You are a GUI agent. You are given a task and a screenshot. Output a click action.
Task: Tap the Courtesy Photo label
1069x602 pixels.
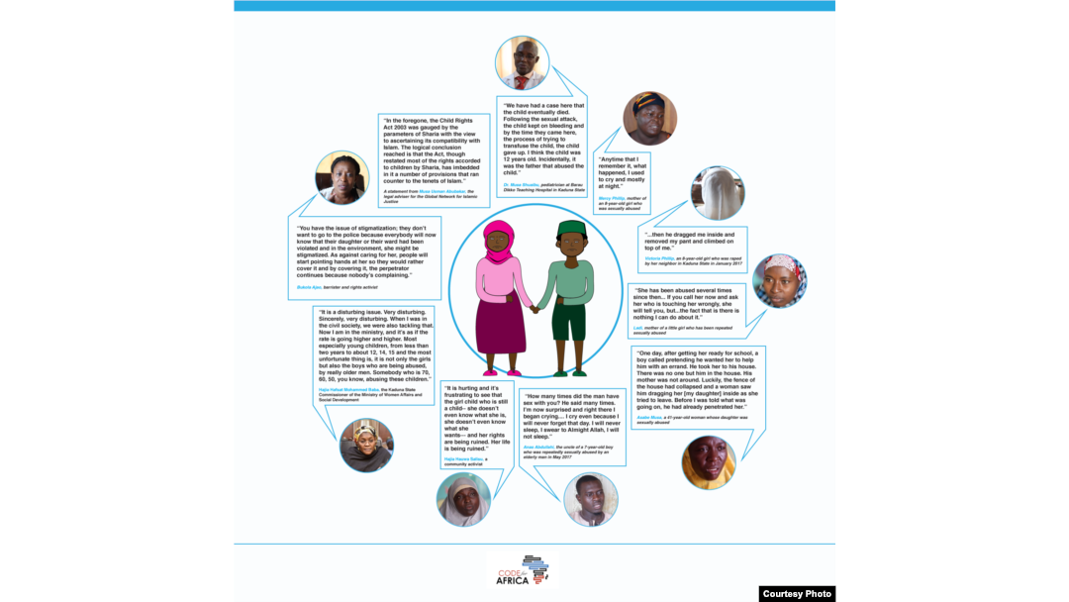click(797, 593)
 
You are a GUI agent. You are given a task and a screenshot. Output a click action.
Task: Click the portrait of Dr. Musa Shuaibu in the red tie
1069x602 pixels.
click(522, 63)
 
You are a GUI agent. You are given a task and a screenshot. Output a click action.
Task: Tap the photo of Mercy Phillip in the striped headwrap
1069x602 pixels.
click(649, 119)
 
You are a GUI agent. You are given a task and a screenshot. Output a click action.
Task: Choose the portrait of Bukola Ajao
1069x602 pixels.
click(341, 178)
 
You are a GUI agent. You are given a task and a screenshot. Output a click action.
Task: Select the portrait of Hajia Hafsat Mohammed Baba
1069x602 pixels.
click(366, 445)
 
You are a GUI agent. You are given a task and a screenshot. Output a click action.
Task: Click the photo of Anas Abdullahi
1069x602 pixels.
click(590, 499)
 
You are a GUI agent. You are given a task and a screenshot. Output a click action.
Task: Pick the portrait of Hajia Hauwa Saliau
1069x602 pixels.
click(463, 499)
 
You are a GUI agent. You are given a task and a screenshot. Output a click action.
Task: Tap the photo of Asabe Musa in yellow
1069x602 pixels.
click(709, 462)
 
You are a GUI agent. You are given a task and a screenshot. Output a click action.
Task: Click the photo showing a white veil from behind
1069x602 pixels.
click(718, 193)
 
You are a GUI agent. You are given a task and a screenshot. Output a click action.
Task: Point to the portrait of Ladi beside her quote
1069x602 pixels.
click(779, 281)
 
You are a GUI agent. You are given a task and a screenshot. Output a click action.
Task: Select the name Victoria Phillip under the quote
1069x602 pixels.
click(659, 258)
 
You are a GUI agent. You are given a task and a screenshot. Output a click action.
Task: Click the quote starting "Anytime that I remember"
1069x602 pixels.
click(623, 171)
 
